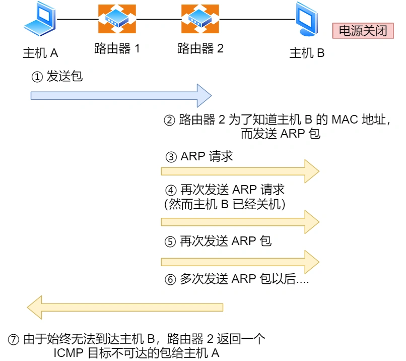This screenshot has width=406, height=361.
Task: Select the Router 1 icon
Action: coord(117,19)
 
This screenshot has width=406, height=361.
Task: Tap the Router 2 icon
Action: coord(200,19)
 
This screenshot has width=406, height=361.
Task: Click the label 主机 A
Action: coord(40,52)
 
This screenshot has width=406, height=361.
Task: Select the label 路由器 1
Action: coord(117,49)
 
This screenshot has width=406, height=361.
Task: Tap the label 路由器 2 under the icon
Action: coord(200,49)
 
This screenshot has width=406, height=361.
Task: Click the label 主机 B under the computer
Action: coord(307,52)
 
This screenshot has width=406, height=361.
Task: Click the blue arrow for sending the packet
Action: coord(121,95)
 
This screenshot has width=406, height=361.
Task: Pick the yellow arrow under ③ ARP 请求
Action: coord(240,171)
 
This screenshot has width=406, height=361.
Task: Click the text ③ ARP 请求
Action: coord(199,156)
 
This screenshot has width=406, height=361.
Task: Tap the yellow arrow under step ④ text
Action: coord(240,222)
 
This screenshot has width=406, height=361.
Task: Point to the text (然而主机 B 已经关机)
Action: coord(225,204)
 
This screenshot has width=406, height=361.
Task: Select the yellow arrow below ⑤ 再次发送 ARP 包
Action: coord(240,261)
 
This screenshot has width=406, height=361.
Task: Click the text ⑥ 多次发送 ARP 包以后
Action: coord(237,279)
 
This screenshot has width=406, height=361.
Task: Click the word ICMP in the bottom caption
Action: coord(69,353)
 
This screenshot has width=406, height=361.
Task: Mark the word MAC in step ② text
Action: coord(345,120)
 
